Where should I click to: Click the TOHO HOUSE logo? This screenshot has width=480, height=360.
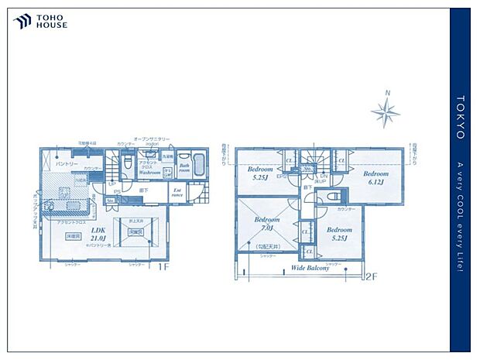[x=40, y=22]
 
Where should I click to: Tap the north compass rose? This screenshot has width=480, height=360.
[x=385, y=113]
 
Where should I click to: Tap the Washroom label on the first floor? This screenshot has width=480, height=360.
[x=149, y=173]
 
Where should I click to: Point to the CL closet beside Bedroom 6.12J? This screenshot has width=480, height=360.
[x=338, y=160]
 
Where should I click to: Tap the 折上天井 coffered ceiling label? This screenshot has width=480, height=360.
[x=135, y=221]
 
